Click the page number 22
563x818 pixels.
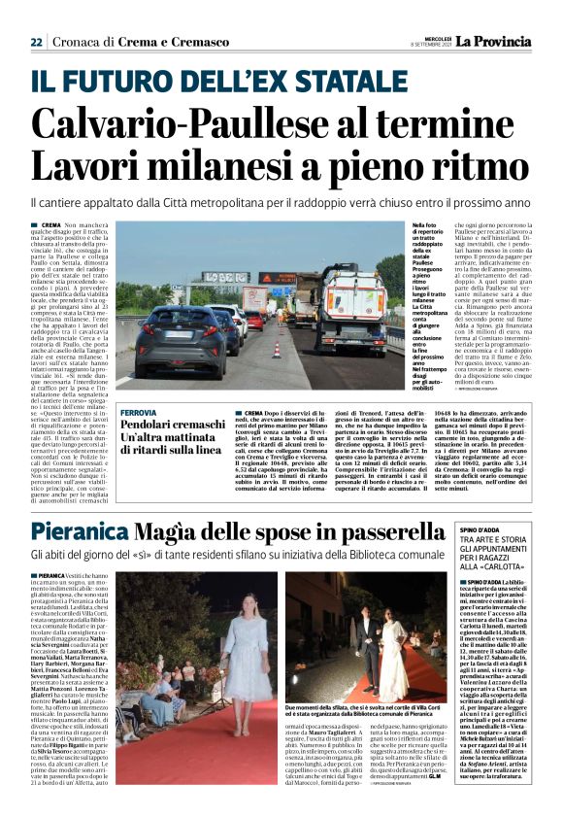point(36,42)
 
